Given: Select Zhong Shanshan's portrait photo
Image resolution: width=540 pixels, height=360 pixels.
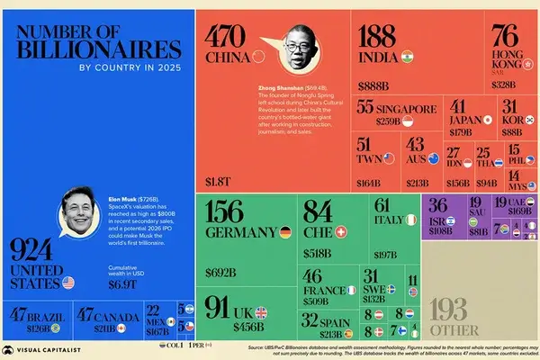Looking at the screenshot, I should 294,53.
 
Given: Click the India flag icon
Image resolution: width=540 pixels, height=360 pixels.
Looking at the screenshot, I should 406,55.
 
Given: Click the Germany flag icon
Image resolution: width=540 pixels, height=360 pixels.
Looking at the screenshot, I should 283,232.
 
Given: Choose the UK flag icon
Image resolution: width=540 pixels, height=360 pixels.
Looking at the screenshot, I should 262,313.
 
